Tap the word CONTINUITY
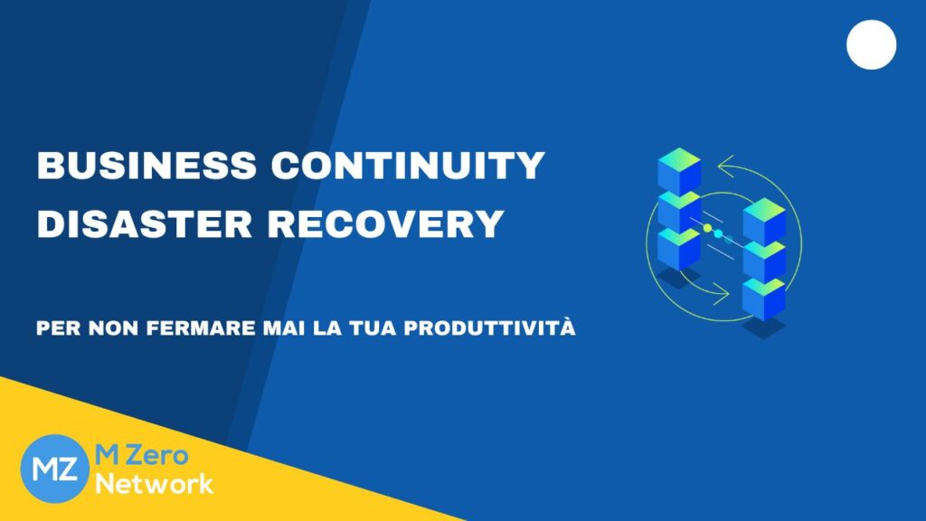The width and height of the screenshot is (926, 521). [408, 166]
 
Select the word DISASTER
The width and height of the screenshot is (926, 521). [145, 224]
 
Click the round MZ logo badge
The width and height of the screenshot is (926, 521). [54, 469]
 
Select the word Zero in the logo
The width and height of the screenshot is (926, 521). [156, 456]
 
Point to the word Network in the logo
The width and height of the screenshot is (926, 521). [154, 484]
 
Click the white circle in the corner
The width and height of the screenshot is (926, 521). [871, 45]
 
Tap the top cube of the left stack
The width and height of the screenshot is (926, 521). [679, 171]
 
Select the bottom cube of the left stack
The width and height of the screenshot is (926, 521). [679, 248]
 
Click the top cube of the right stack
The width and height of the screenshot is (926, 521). [764, 221]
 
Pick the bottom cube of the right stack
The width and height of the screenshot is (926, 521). [764, 298]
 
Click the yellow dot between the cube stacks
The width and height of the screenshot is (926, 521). [707, 228]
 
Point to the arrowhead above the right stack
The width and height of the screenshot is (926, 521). [725, 166]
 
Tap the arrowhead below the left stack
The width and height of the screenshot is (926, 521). [722, 294]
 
